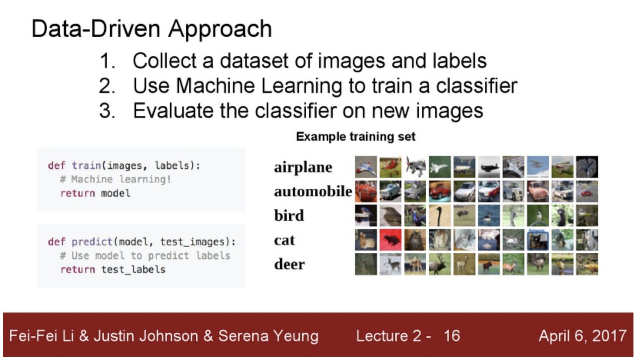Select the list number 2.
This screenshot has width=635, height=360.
pyautogui.click(x=107, y=86)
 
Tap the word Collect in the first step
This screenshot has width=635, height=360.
pyautogui.click(x=165, y=61)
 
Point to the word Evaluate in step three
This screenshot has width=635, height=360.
pyautogui.click(x=173, y=111)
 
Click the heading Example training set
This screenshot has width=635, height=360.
pyautogui.click(x=356, y=137)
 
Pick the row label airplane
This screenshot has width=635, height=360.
pyautogui.click(x=303, y=167)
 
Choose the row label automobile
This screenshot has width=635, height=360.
pyautogui.click(x=313, y=192)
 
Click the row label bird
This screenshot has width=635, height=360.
pyautogui.click(x=289, y=215)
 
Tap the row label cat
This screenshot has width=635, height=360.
pyautogui.click(x=284, y=240)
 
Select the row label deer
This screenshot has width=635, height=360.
pyautogui.click(x=289, y=264)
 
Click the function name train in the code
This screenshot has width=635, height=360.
pyautogui.click(x=86, y=165)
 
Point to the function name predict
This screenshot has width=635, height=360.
pyautogui.click(x=92, y=242)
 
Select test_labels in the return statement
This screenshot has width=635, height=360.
pyautogui.click(x=133, y=270)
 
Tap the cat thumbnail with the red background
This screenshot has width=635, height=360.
pyautogui.click(x=391, y=240)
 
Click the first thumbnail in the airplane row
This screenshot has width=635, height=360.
pyautogui.click(x=366, y=167)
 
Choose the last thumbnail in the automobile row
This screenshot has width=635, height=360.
pyautogui.click(x=587, y=192)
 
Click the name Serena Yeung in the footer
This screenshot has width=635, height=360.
pyautogui.click(x=268, y=336)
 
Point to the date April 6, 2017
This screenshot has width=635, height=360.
pyautogui.click(x=583, y=336)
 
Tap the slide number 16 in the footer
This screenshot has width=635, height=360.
pyautogui.click(x=452, y=336)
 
